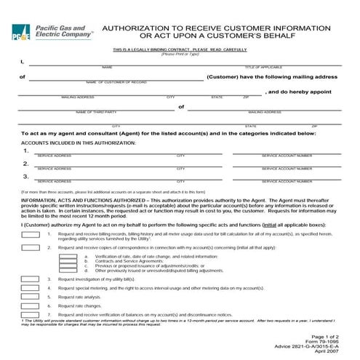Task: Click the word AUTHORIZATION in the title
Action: tap(139, 27)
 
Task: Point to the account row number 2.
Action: tap(25, 164)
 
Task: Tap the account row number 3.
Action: tap(25, 176)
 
